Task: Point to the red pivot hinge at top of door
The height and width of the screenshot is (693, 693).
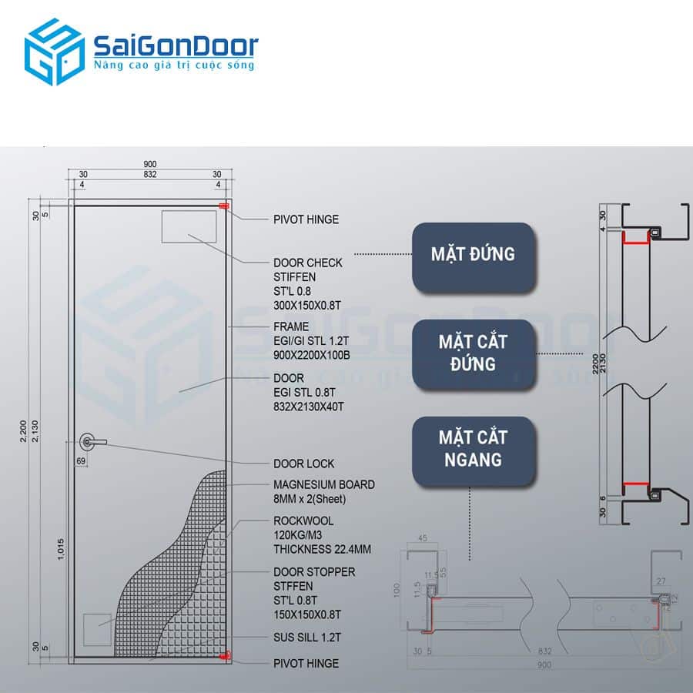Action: click(x=224, y=206)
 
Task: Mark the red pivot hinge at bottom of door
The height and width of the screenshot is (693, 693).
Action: click(x=224, y=655)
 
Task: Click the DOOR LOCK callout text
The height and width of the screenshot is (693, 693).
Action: click(x=303, y=464)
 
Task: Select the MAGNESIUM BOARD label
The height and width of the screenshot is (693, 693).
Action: click(x=324, y=485)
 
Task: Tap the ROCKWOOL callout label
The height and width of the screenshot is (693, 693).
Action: click(x=303, y=521)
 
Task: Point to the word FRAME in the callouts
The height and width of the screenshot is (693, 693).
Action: click(x=291, y=326)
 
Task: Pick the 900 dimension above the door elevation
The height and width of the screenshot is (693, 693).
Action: click(x=150, y=165)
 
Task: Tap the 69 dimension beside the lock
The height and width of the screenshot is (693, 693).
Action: click(x=80, y=460)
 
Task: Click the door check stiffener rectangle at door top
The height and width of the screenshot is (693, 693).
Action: click(x=189, y=226)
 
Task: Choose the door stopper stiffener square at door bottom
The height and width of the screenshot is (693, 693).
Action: click(x=98, y=629)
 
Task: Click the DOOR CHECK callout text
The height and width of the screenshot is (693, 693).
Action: click(x=308, y=263)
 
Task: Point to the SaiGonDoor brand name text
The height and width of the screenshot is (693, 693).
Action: click(x=176, y=45)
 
